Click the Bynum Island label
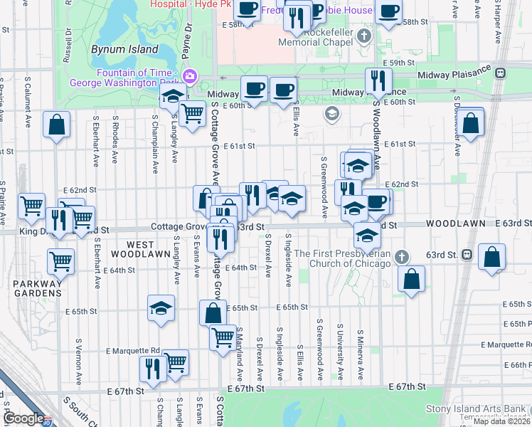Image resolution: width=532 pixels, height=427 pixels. coord(118,50)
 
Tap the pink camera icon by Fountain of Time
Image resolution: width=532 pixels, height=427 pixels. coord(190,77)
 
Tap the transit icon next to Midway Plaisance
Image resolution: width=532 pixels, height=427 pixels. coord(501,72)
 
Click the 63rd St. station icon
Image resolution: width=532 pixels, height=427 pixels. coord(467,254)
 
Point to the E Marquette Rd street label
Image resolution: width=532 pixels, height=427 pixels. coord(133,350)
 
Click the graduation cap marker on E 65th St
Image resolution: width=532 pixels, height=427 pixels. coord(161,309)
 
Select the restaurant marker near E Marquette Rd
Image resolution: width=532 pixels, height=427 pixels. coord(153,367)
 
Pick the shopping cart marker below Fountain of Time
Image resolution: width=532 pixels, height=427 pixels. coord(191,112)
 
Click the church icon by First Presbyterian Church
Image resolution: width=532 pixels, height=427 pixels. coord(401,257)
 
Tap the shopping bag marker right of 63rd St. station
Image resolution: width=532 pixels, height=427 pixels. coord(492,257)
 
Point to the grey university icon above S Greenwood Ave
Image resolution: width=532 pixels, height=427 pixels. coord(331,114)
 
